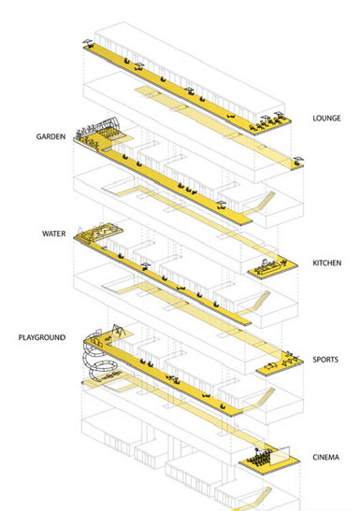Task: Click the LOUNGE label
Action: click(326, 118)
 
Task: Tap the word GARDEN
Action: click(50, 136)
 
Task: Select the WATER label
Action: click(54, 234)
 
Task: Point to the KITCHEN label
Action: click(326, 263)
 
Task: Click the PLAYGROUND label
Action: click(42, 337)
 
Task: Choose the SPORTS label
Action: click(325, 360)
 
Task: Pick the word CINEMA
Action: click(325, 457)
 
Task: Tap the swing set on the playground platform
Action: click(119, 331)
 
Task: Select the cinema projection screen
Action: click(280, 456)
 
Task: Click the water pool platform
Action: click(101, 233)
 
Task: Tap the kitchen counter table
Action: click(268, 270)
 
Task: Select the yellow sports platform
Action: click(280, 365)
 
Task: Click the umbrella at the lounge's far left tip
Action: click(87, 43)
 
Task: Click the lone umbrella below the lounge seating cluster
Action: click(298, 161)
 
